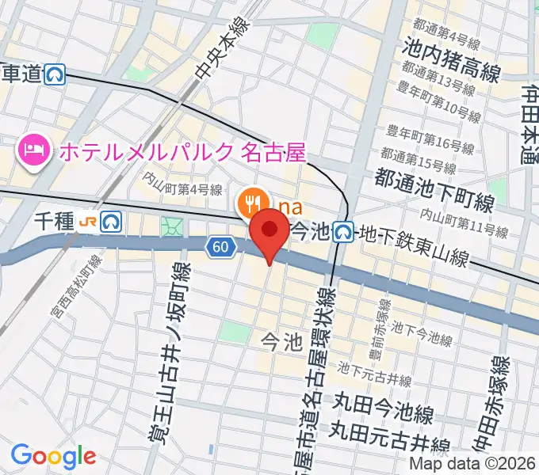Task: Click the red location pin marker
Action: click(269, 231)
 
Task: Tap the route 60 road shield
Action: click(223, 248)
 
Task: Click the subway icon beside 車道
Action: click(55, 74)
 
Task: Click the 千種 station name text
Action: click(55, 222)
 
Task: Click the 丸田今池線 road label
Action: click(384, 413)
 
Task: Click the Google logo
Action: click(53, 456)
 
